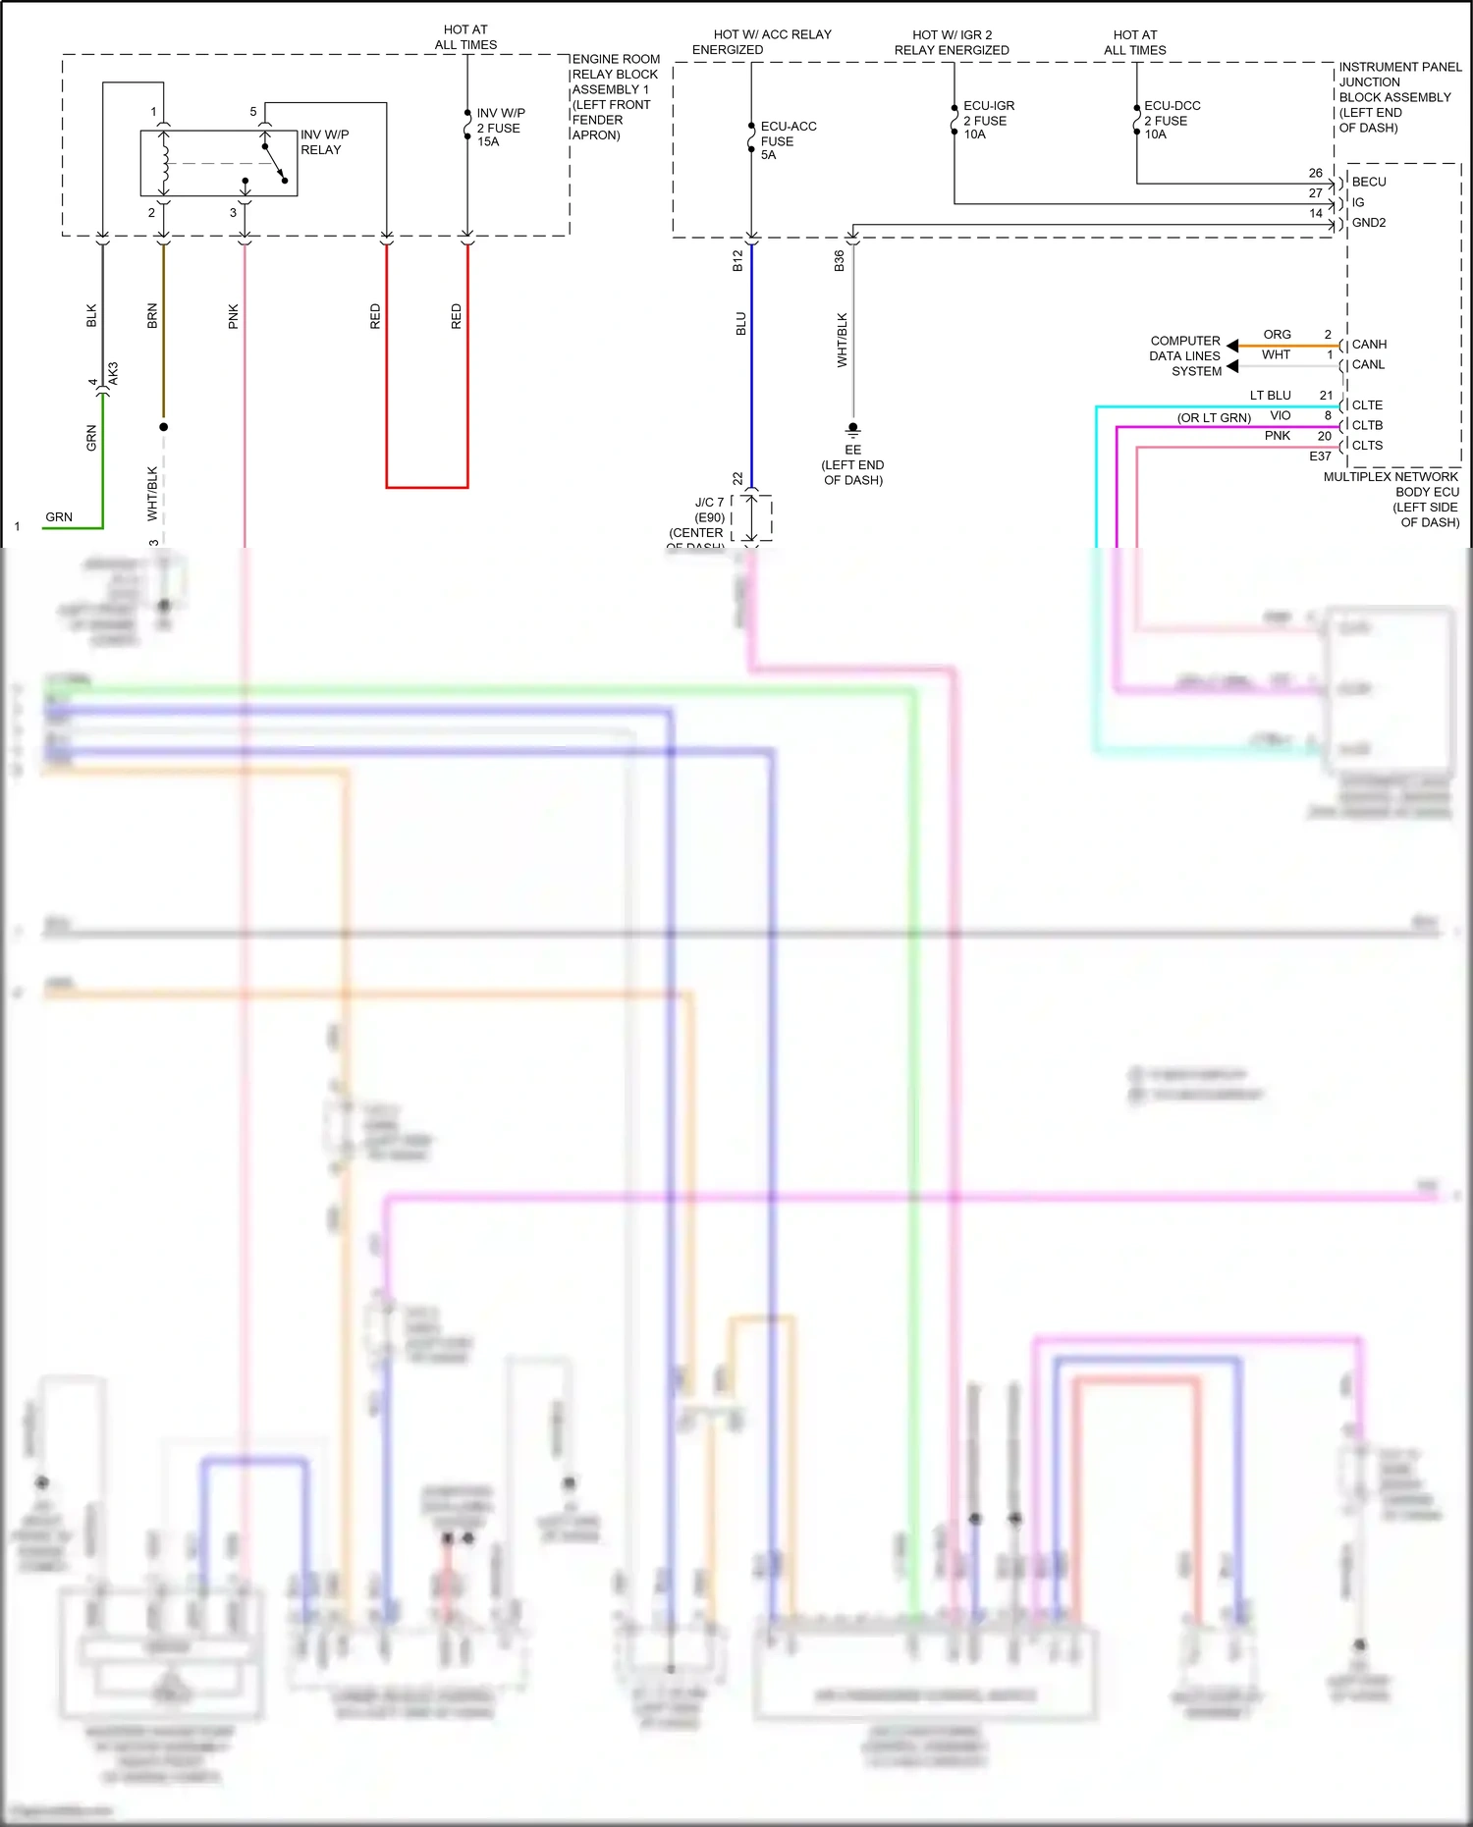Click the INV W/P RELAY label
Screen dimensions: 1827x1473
[324, 141]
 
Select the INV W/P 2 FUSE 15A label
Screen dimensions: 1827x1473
[501, 128]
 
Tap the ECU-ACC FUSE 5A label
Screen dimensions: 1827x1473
[788, 140]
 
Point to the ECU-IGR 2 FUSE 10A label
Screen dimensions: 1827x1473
[988, 120]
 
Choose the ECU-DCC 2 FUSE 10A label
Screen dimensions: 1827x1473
[1171, 120]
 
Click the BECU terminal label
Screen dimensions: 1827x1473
[1368, 182]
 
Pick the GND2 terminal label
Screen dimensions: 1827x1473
[1368, 223]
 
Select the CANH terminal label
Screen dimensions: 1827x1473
[1368, 345]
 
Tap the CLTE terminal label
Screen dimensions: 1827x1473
[1366, 404]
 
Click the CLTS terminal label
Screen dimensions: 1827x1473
[1366, 445]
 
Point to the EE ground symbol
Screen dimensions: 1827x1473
[852, 430]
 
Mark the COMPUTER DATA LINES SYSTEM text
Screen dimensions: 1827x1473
[1185, 356]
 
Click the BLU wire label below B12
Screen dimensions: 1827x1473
[741, 324]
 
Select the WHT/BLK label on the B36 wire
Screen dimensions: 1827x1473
[842, 340]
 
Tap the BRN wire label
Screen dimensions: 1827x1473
[152, 315]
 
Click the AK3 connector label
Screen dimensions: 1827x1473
[113, 373]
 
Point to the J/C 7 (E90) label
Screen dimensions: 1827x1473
[708, 510]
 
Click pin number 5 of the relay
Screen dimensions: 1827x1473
[253, 112]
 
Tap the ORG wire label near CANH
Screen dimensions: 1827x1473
[1277, 335]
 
